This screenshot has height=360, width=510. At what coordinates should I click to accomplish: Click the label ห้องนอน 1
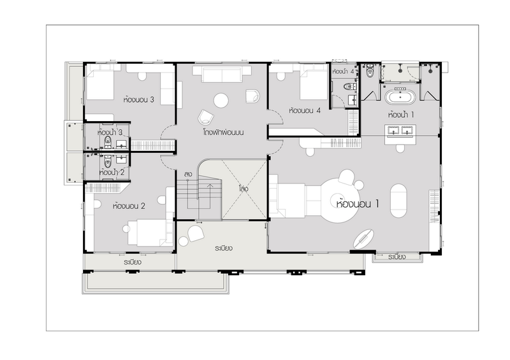[358, 204]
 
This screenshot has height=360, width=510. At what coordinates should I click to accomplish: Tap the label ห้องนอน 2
[129, 206]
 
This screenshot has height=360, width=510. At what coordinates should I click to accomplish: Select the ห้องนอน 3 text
[138, 99]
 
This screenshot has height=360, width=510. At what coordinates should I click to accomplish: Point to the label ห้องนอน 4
[305, 111]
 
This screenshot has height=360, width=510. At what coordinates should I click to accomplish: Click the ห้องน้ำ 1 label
[401, 115]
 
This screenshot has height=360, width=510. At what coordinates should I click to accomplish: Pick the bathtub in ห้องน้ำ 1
[400, 97]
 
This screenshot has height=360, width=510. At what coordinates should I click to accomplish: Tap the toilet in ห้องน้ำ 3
[108, 141]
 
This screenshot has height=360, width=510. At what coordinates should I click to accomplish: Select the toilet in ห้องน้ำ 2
[108, 161]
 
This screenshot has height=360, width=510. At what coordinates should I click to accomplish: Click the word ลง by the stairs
[188, 175]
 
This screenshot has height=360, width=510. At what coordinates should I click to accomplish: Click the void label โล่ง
[244, 189]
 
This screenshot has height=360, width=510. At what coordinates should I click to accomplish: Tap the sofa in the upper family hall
[222, 75]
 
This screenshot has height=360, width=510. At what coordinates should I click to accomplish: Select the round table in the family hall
[221, 101]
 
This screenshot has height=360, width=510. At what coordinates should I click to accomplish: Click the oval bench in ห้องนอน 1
[398, 200]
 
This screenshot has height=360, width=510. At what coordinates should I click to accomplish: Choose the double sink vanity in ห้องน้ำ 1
[400, 134]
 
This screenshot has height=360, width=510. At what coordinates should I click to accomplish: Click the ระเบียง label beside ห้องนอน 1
[397, 257]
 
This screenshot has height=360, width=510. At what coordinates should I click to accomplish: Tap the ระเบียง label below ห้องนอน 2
[132, 262]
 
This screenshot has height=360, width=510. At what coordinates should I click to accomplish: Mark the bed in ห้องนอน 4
[314, 82]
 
